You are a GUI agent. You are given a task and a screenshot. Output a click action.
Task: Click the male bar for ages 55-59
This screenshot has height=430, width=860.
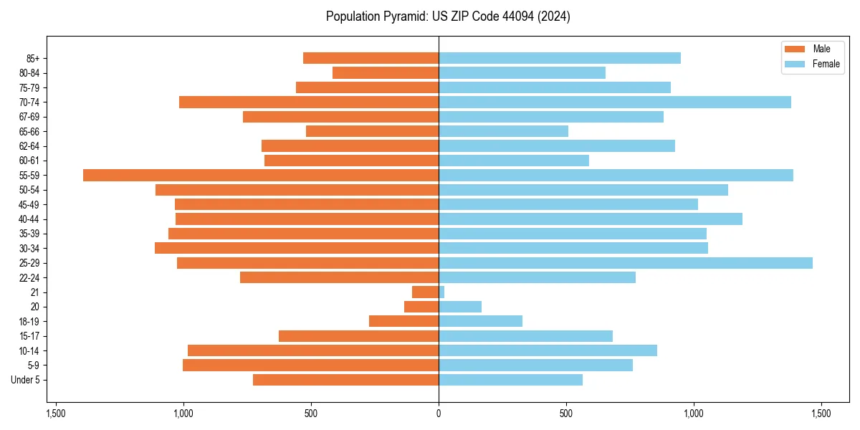coord(261,175)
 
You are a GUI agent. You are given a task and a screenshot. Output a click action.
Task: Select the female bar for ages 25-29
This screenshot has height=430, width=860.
coord(626,263)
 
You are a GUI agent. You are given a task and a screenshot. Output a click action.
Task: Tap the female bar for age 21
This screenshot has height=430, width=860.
coord(441,292)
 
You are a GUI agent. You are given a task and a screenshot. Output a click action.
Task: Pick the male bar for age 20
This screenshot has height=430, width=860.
coord(421,307)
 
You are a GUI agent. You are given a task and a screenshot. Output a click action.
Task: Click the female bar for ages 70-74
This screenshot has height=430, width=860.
coord(615,102)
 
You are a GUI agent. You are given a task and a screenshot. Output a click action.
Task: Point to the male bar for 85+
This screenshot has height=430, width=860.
coord(371,58)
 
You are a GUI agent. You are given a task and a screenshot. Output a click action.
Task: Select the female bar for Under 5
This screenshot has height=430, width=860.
coord(510,380)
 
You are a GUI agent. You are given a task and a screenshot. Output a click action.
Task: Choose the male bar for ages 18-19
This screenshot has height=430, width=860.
coord(403,321)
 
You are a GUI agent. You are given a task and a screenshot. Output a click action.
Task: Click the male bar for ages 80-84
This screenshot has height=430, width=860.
coord(386,72)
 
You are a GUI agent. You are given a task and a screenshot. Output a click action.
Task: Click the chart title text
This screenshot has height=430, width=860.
coord(448,16)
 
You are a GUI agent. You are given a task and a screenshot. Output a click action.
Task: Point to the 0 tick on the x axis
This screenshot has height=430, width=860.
coord(439,414)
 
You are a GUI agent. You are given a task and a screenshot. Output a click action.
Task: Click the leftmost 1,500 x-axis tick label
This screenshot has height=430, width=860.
coord(56,414)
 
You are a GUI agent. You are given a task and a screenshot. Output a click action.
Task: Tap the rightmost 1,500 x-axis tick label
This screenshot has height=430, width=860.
coord(821,414)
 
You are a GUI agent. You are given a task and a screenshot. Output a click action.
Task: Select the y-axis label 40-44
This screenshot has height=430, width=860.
coord(29,219)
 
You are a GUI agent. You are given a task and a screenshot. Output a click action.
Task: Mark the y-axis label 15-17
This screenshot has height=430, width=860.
coord(29,336)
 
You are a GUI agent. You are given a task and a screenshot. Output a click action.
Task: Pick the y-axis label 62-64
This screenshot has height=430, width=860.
coord(29,146)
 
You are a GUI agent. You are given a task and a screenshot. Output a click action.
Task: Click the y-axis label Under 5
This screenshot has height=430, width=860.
coord(26,380)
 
